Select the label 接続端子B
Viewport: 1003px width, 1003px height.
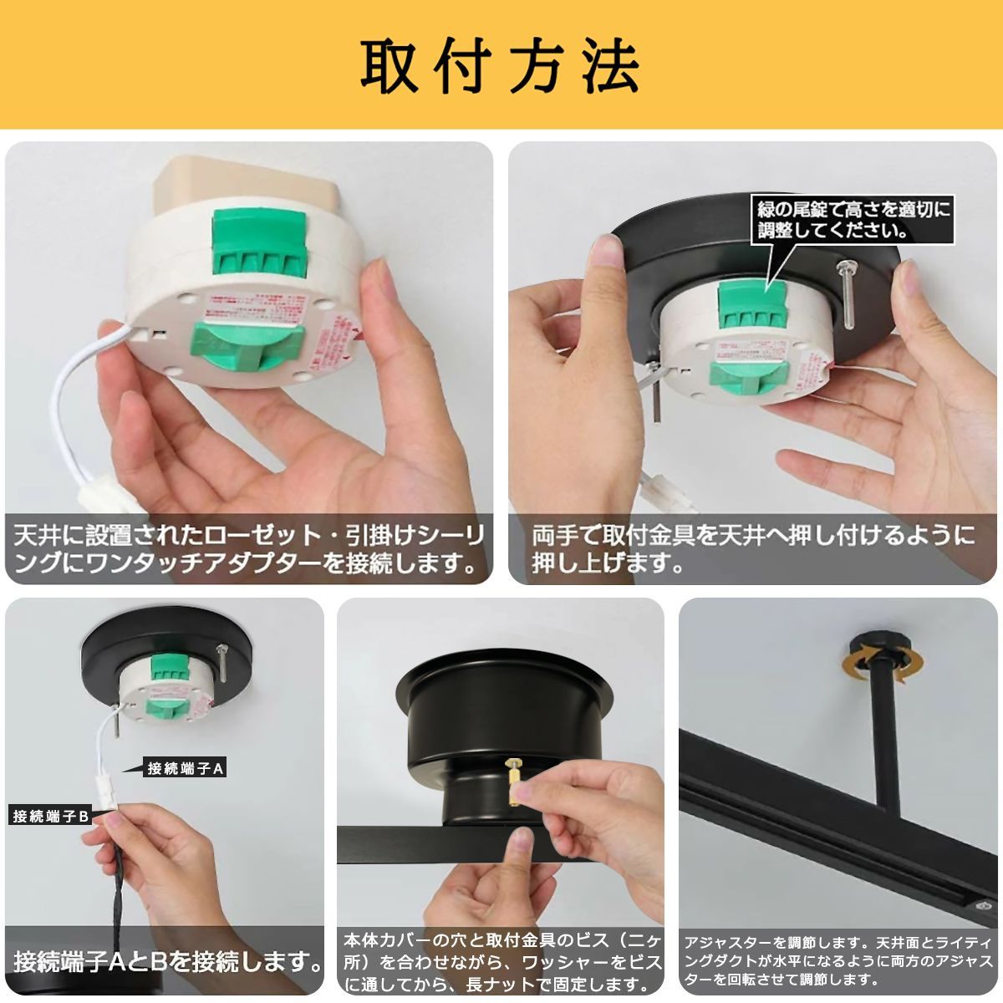tap(51, 816)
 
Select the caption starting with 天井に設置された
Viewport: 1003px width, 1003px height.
tap(248, 548)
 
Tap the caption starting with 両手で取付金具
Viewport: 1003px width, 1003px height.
tap(752, 548)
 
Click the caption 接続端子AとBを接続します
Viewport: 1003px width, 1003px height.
tap(167, 961)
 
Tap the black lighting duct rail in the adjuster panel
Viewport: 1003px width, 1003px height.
tap(836, 836)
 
